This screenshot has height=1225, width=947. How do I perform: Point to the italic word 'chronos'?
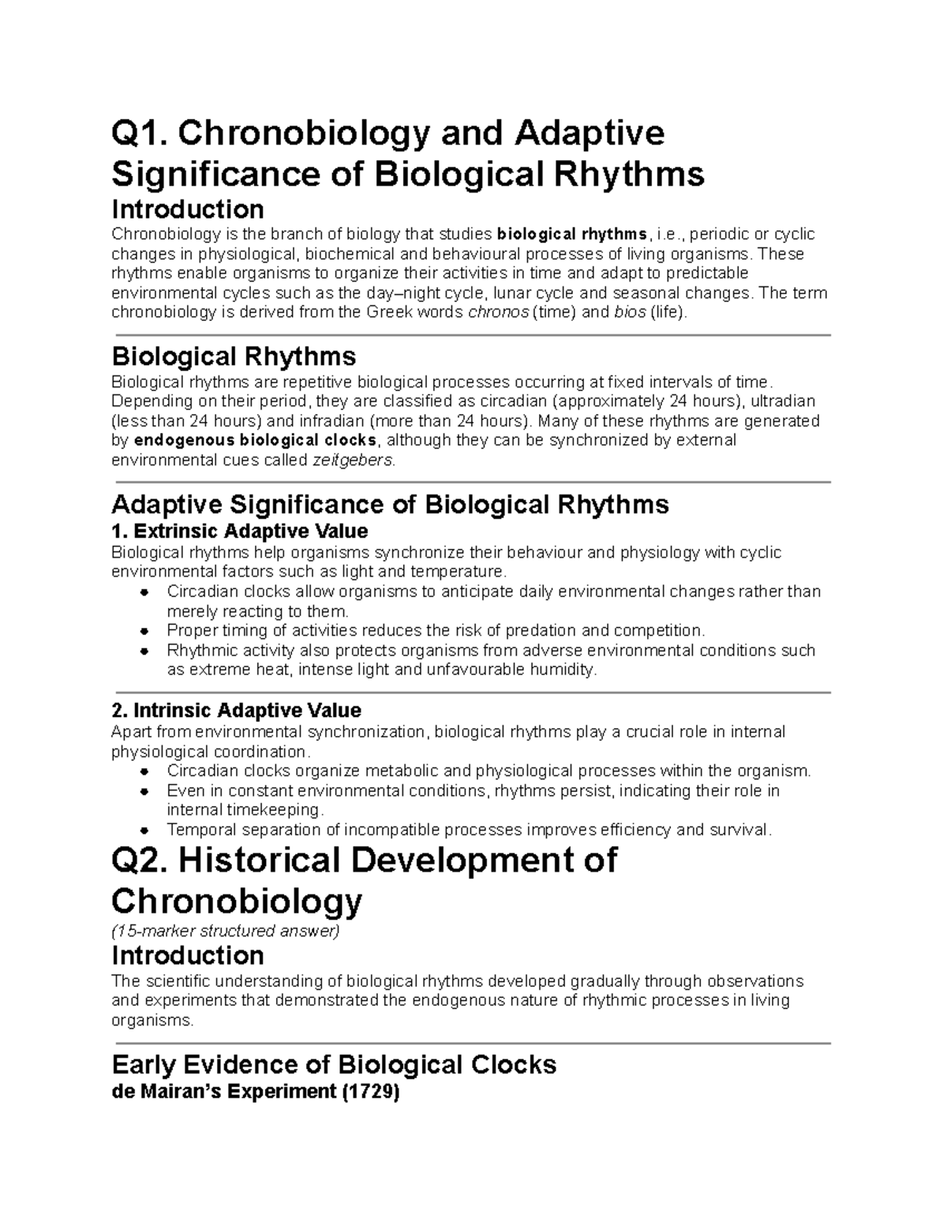click(x=499, y=312)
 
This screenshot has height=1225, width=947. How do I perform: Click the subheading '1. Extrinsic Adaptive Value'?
click(x=240, y=530)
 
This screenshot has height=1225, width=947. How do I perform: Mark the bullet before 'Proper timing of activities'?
click(x=144, y=631)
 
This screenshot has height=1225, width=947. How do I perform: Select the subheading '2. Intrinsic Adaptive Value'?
click(x=237, y=710)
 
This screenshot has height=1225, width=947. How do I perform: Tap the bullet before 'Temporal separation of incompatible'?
click(x=144, y=830)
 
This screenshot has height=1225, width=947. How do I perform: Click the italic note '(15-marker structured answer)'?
click(x=225, y=932)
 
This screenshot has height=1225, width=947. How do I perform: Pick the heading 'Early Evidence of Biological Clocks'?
click(x=334, y=1065)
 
